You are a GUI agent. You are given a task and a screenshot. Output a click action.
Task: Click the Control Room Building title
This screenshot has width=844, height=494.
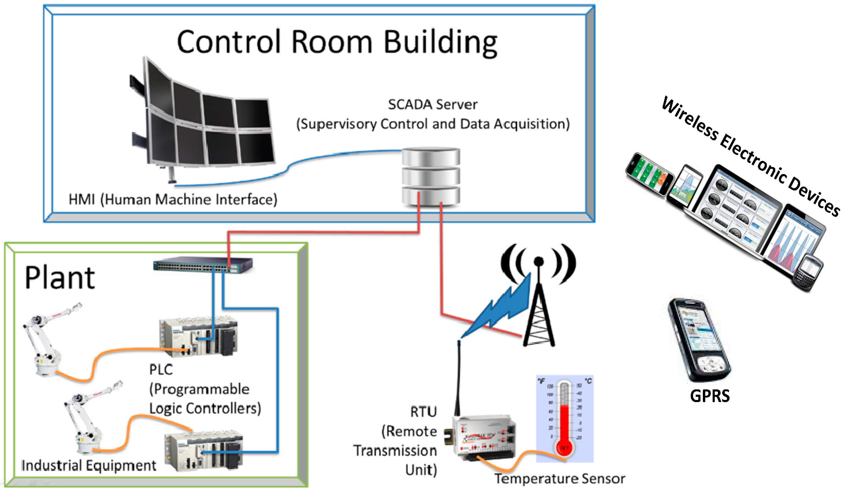pos(336,43)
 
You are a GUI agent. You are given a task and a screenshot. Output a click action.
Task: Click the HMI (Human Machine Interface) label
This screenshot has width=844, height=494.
pos(173,200)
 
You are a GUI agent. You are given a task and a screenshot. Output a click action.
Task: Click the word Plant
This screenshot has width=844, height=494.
pos(60,278)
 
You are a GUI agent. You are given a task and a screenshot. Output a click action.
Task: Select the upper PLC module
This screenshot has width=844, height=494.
pos(199,337)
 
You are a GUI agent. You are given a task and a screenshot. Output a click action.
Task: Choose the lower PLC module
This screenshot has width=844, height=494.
pos(204,451)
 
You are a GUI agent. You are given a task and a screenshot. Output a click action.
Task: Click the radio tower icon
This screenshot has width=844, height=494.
pos(538,301)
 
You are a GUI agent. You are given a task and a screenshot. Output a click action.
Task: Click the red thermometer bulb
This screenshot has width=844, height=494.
pos(565,448)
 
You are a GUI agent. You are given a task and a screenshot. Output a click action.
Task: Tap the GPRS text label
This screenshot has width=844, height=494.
pos(710,396)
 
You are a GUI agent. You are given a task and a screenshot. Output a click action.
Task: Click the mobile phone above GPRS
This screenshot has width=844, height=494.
pos(700,340)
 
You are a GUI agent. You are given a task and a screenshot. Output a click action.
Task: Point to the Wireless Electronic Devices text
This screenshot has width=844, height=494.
pos(750,156)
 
